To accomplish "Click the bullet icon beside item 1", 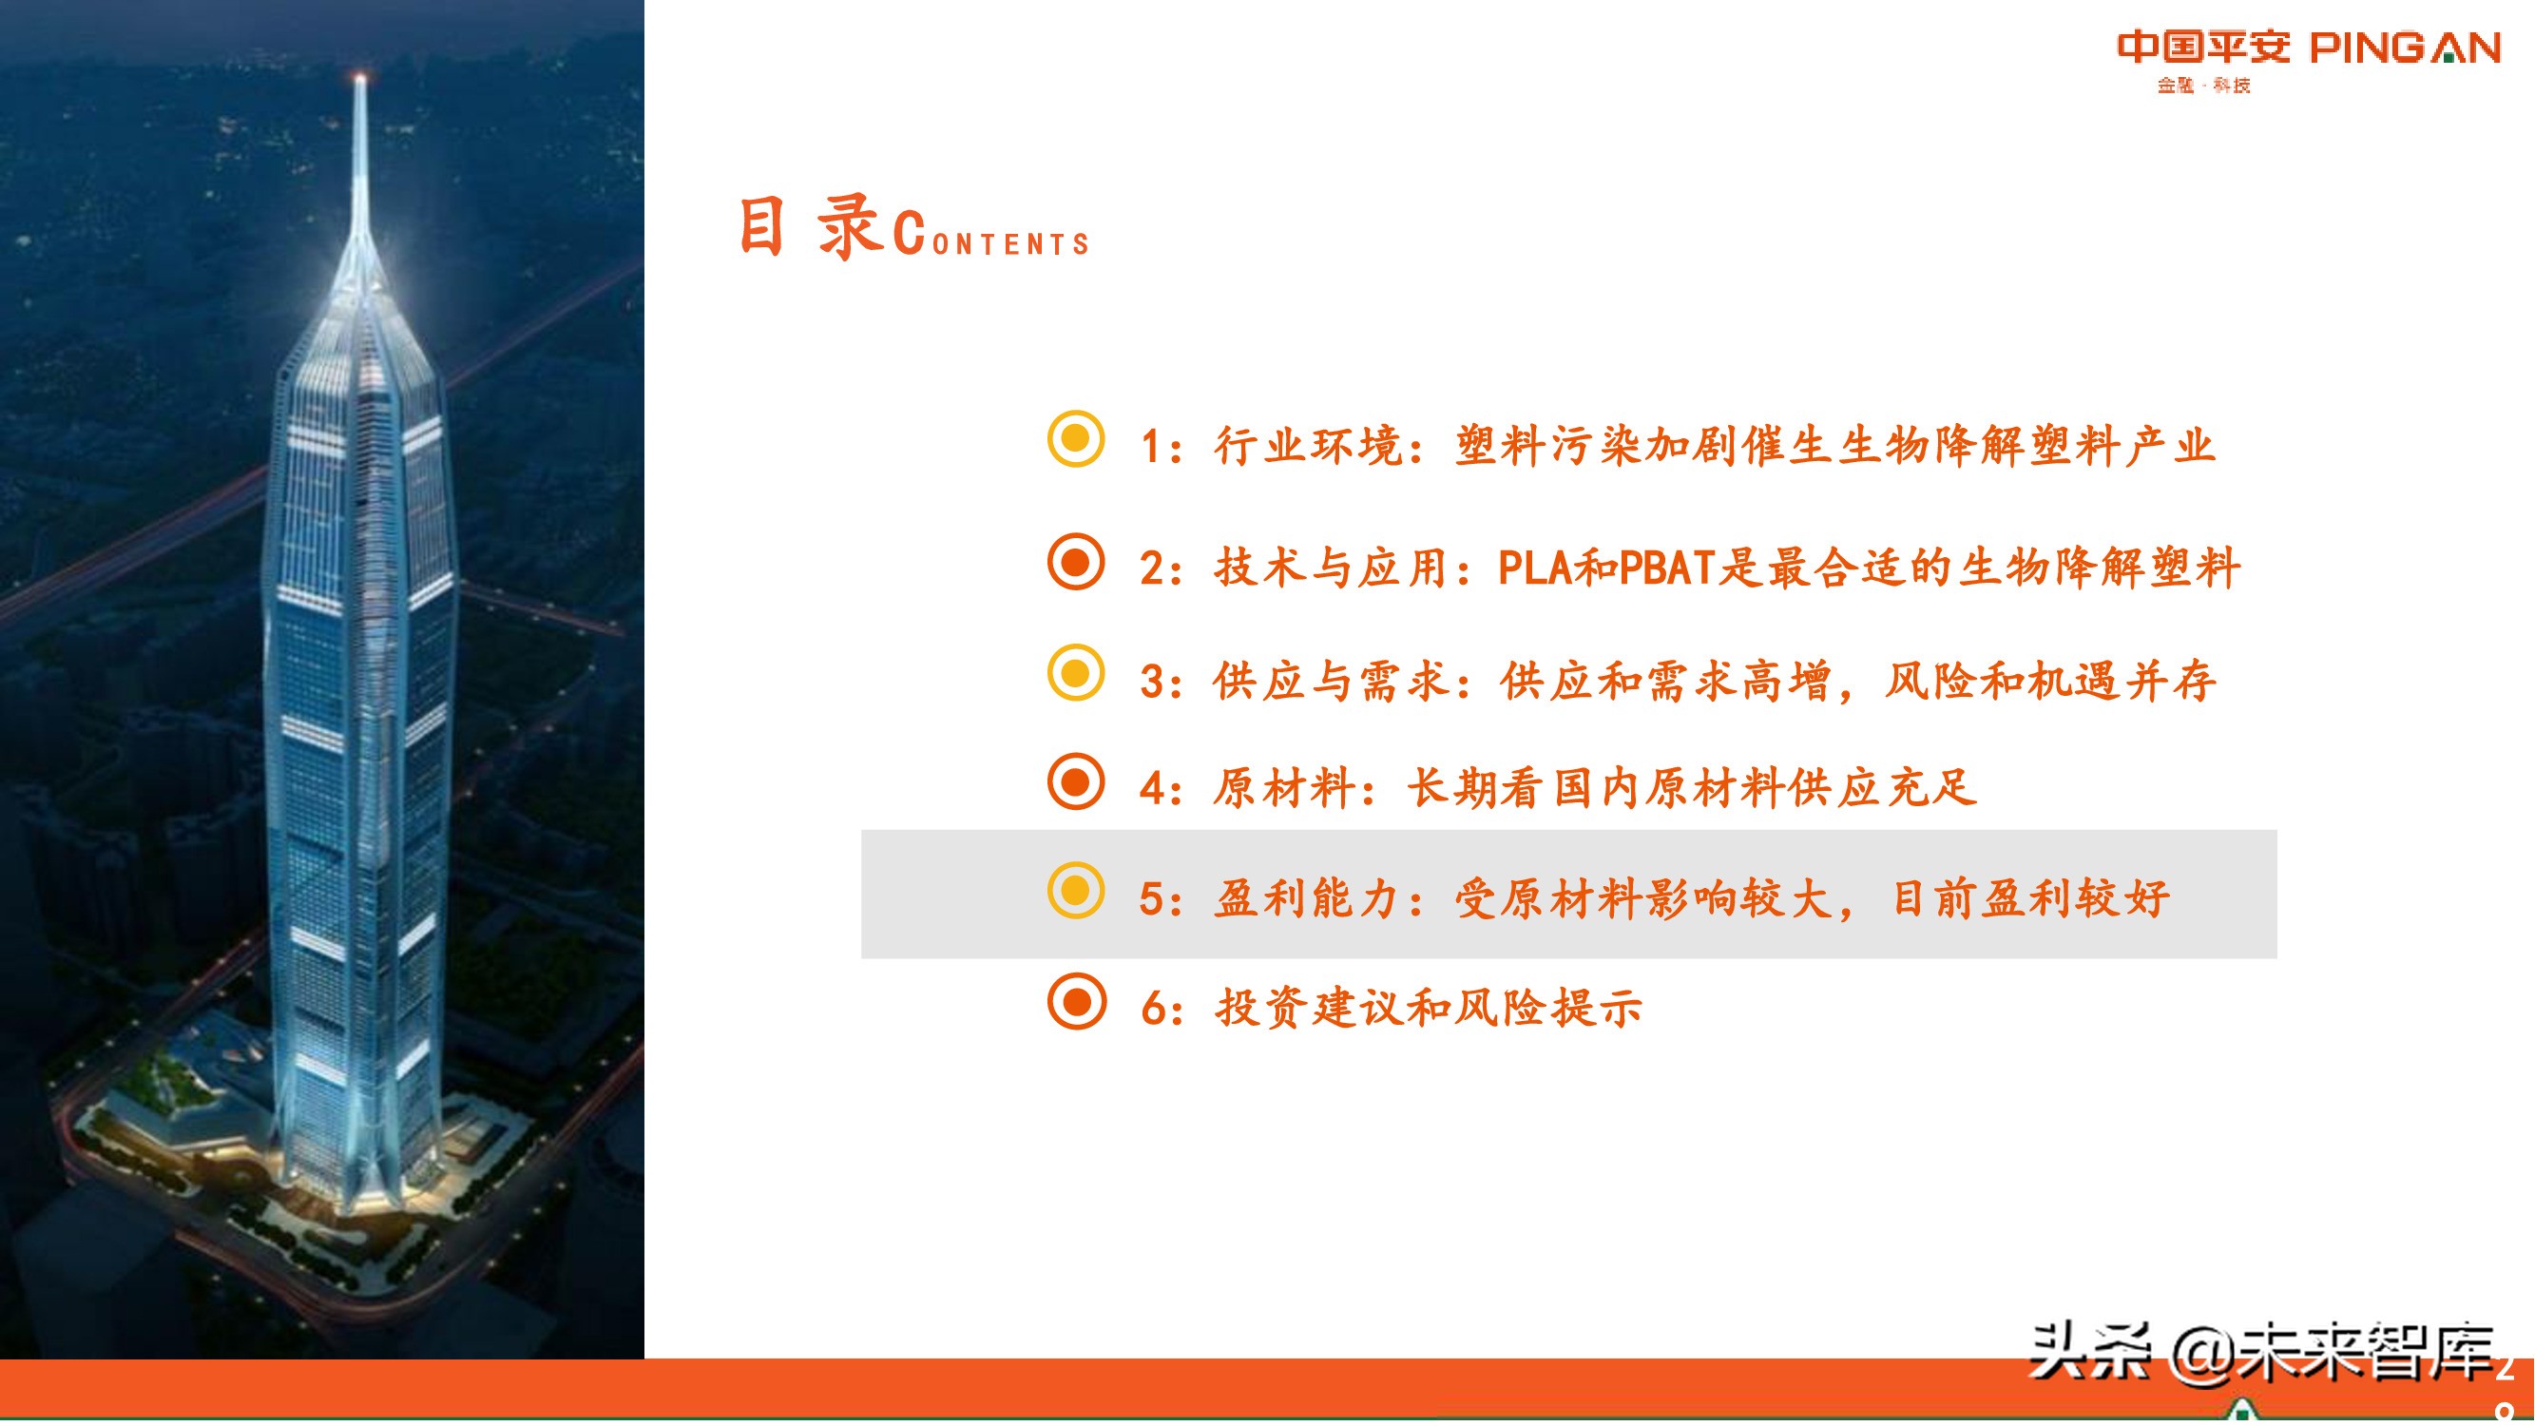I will [1076, 439].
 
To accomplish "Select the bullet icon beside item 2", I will [1076, 562].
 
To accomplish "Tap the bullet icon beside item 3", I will [1076, 673].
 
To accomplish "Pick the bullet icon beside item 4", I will [1076, 782].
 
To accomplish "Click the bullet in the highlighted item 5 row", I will [1076, 892].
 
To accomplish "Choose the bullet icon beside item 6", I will [1076, 1002].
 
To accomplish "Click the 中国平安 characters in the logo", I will [2203, 48].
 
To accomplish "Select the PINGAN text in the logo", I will [2405, 48].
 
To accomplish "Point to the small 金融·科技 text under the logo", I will [2203, 86].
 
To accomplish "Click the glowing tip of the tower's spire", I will [360, 77].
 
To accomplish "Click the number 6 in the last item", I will [1153, 1010].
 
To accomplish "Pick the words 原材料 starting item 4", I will [1283, 788].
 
